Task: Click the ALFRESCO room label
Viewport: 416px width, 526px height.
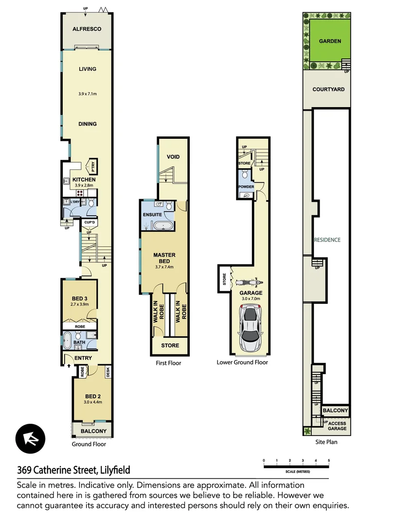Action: (87, 29)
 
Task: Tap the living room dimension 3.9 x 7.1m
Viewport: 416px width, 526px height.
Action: (88, 94)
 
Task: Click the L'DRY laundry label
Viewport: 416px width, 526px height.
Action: (75, 202)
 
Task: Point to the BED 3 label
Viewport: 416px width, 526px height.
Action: (79, 299)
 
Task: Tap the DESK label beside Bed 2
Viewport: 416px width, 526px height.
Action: (108, 372)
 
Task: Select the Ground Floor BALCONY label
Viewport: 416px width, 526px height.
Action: (93, 432)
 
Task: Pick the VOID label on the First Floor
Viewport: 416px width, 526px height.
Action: (174, 157)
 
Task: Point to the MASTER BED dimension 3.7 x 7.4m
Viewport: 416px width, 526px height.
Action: (164, 267)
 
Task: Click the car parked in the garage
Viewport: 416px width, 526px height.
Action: (251, 323)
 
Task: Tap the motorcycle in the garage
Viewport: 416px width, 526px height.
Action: (249, 282)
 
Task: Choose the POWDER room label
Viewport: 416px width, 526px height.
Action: (246, 187)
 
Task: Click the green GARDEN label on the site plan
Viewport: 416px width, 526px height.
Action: (330, 41)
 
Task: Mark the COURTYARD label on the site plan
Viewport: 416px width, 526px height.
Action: (328, 90)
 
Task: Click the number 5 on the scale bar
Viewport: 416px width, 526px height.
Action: (329, 460)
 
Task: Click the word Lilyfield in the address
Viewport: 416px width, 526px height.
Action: (115, 470)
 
